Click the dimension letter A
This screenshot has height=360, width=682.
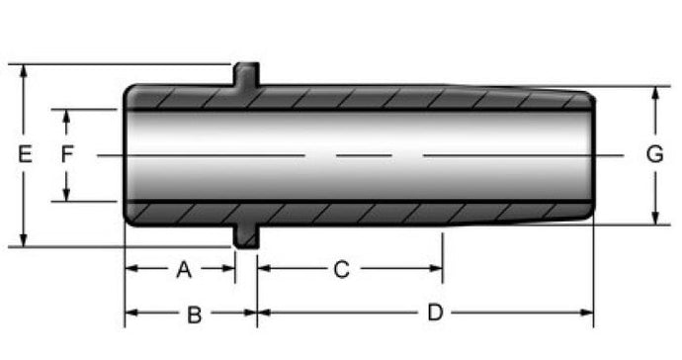click(x=184, y=269)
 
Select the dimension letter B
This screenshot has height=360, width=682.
click(x=195, y=315)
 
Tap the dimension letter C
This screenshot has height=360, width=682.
click(x=341, y=269)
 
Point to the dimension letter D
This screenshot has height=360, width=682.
click(x=435, y=313)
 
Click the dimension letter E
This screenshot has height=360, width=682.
click(x=25, y=154)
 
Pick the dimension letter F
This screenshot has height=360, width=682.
click(x=67, y=154)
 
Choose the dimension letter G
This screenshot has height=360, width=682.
click(x=654, y=154)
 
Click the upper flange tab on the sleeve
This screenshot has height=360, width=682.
click(x=247, y=74)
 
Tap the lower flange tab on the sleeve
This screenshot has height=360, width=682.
click(x=247, y=236)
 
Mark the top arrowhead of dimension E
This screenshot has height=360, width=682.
click(x=24, y=71)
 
